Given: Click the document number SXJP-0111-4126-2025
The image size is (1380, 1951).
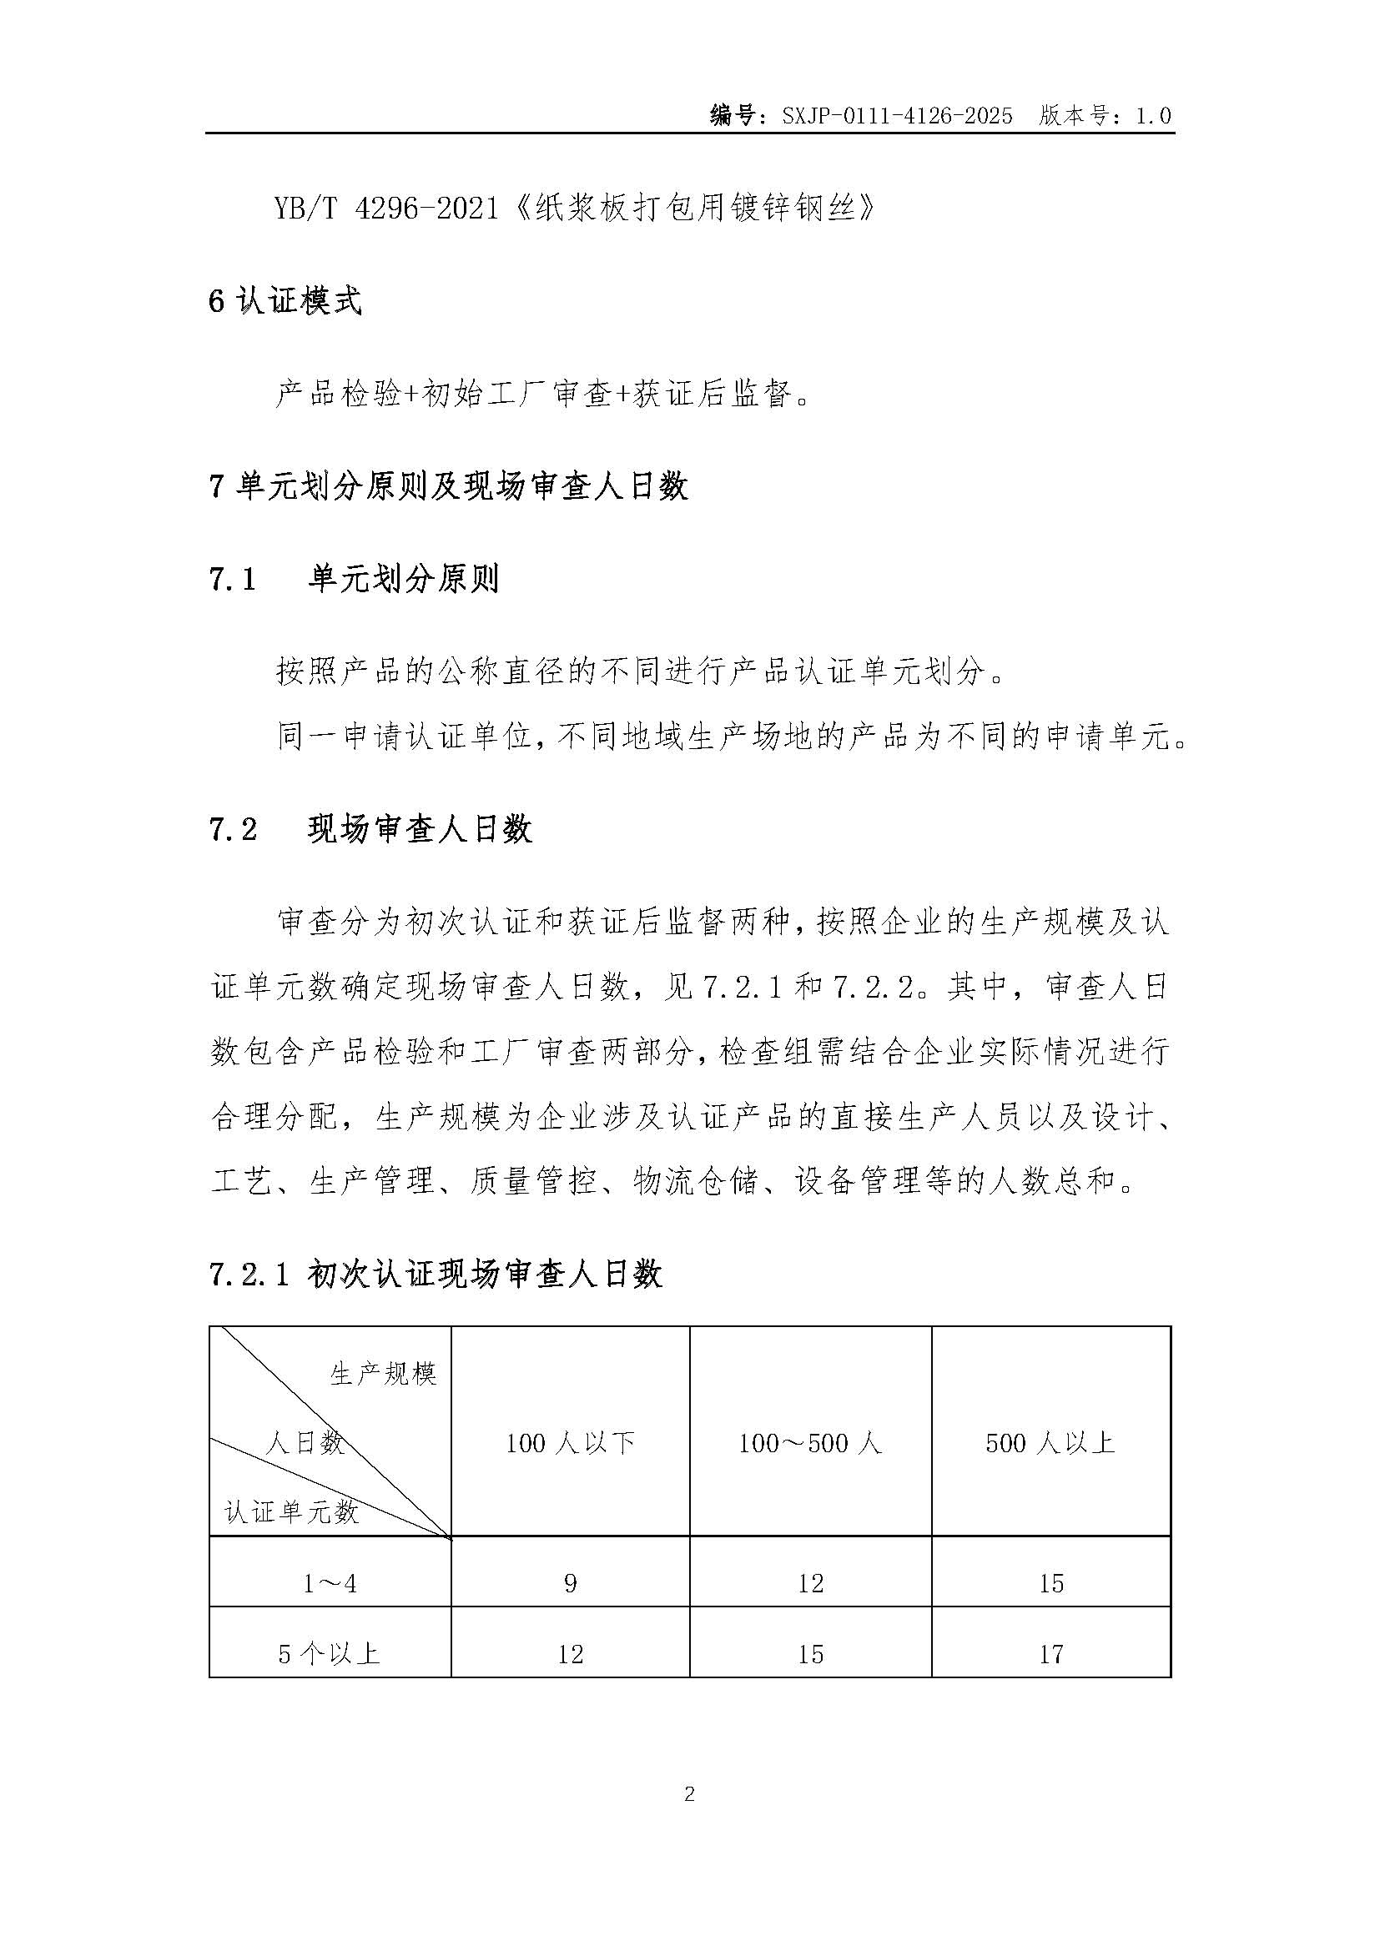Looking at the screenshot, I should point(898,117).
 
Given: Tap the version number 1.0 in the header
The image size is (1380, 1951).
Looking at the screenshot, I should point(1153,117).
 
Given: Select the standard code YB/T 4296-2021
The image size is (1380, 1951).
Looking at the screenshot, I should point(385,209).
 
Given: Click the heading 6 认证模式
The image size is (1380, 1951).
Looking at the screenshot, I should point(285,302).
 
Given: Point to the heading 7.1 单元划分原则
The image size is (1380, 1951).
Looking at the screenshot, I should point(354,580).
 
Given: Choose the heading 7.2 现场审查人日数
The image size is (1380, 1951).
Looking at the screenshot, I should point(370,829).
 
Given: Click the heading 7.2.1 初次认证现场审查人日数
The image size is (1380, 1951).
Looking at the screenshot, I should point(435,1275).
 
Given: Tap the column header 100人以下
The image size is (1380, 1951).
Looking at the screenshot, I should point(570,1443).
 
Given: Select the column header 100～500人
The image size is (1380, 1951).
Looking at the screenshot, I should point(811,1443).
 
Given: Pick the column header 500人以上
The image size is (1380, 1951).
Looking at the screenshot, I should point(1050,1443).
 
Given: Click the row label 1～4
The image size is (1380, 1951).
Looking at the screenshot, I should point(330,1583).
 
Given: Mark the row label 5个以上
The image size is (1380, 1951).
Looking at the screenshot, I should point(330,1653).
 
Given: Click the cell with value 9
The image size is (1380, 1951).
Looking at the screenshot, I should point(570,1583).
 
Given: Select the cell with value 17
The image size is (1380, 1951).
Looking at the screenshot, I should point(1051,1653).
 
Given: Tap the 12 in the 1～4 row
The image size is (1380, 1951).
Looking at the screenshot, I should point(811,1583).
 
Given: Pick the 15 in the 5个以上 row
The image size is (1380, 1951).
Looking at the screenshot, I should point(811,1653).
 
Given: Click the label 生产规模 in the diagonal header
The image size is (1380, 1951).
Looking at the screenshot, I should point(383,1374).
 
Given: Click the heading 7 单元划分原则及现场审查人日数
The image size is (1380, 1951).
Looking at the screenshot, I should point(449,487).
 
